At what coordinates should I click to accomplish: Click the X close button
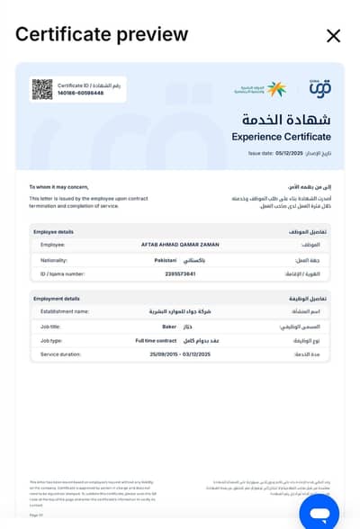point(333,36)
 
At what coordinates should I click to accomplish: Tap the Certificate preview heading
point(102,35)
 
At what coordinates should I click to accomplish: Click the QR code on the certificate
point(42,89)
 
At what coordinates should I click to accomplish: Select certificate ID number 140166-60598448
point(80,93)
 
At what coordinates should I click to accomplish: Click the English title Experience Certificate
point(281,137)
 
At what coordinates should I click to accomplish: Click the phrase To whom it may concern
point(58,186)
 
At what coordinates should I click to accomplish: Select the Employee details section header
point(53,231)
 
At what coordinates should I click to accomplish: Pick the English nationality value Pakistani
point(166,259)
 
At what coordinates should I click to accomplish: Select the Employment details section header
point(56,298)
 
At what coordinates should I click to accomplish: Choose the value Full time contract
point(157,341)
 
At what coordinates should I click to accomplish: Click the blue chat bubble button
point(319,512)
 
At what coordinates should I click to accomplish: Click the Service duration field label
point(61,354)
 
